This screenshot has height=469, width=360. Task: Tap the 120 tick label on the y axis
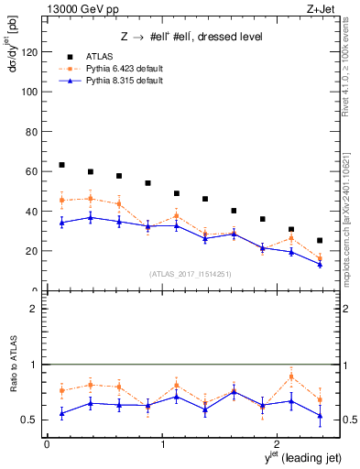click(29, 52)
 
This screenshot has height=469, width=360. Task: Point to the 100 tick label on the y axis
click(29, 92)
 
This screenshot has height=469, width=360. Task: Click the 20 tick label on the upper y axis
click(32, 251)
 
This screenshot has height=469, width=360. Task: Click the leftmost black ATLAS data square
click(61, 165)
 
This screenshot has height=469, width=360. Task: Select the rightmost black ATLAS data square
click(320, 241)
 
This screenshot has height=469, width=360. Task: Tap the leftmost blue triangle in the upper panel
click(61, 223)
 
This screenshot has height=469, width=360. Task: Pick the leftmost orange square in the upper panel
click(61, 200)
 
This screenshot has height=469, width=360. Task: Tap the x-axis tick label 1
click(162, 444)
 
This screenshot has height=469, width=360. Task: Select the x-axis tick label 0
click(47, 444)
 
